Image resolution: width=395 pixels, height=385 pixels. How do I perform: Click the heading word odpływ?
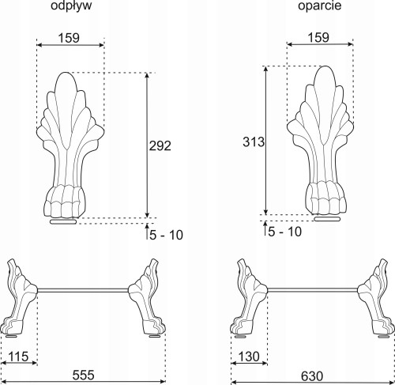[71, 6]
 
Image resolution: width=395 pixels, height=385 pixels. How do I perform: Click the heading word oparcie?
[320, 6]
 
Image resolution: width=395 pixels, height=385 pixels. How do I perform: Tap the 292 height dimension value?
[160, 145]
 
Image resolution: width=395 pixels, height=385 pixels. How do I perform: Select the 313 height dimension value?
[254, 142]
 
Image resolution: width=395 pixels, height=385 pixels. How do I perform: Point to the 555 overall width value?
[83, 375]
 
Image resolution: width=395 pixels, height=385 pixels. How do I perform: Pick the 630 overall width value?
[312, 376]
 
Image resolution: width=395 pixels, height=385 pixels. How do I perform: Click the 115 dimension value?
[18, 357]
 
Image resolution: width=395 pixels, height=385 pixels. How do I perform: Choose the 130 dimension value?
[249, 357]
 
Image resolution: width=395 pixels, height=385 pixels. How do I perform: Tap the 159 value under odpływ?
[69, 38]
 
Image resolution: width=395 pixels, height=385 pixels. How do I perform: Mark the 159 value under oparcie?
[318, 37]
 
